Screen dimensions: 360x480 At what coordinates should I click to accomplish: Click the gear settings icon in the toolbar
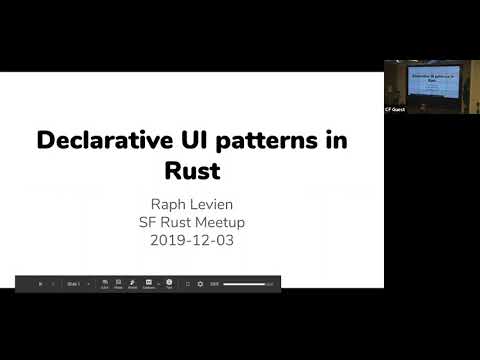(x=199, y=284)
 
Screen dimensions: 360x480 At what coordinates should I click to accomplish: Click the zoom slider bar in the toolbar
(x=245, y=284)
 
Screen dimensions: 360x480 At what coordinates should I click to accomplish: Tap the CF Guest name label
(x=395, y=108)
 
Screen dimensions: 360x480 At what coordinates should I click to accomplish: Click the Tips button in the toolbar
(x=169, y=284)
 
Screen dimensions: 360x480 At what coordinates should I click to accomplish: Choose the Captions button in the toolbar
(x=149, y=284)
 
